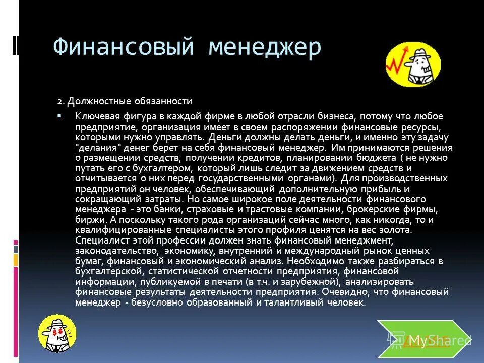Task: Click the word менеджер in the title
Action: (264, 48)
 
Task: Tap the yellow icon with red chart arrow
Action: (413, 65)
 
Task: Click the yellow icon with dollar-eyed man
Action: (58, 332)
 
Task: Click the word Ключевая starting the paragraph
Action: (96, 115)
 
